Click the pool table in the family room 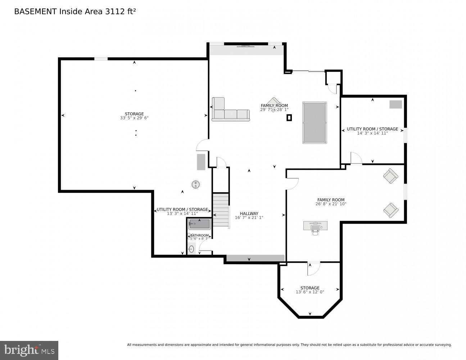click(315, 123)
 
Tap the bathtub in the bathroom click(199, 224)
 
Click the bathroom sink click(191, 249)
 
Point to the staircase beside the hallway click(221, 210)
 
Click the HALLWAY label click(249, 213)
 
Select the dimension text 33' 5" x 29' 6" click(134, 118)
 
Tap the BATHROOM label click(199, 235)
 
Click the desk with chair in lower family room click(315, 226)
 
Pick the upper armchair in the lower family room click(390, 176)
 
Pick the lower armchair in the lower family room click(390, 210)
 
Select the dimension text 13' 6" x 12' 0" click(310, 292)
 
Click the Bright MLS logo click(29, 350)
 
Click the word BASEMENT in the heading click(35, 12)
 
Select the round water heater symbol click(196, 184)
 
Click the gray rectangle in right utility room click(395, 104)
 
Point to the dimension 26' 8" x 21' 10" click(331, 204)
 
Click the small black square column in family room click(289, 118)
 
